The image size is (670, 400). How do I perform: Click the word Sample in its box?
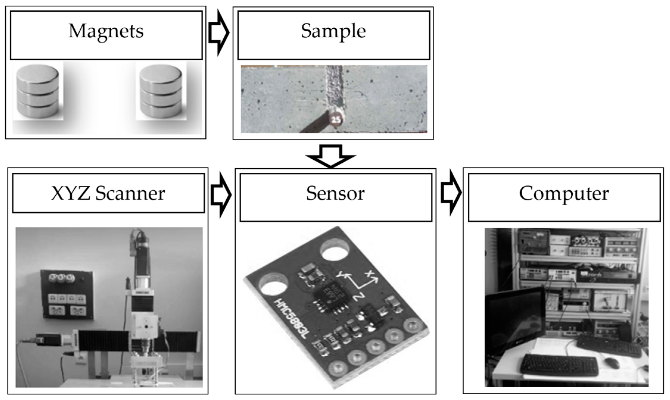333,31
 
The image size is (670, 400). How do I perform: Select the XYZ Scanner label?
108,193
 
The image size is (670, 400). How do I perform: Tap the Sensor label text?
335,194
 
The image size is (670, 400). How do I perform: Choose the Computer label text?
564,194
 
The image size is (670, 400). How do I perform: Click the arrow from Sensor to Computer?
451,193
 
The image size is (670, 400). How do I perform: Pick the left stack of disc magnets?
38,92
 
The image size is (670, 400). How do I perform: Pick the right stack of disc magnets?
161,92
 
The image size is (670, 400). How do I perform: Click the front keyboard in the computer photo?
559,365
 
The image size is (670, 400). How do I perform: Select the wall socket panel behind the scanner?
67,294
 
